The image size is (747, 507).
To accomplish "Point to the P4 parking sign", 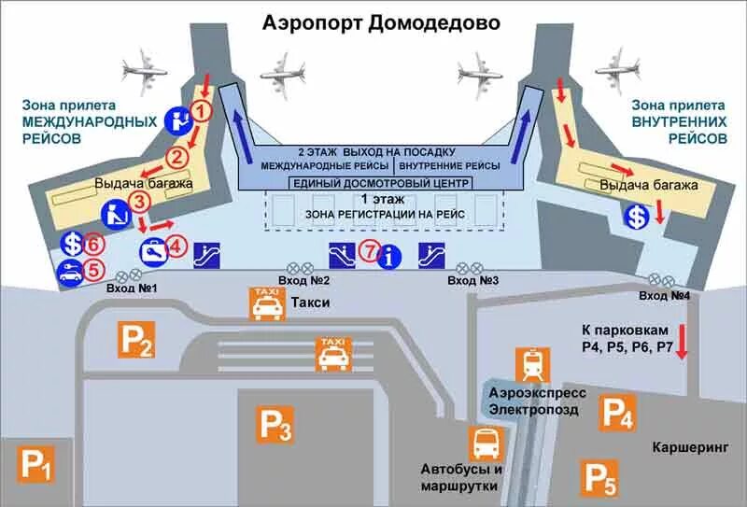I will [617, 412].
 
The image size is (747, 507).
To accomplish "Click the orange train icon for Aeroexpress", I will [532, 364].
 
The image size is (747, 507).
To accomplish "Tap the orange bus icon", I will [486, 444].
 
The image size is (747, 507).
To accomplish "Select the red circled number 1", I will [202, 112].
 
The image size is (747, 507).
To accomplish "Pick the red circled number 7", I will [371, 251].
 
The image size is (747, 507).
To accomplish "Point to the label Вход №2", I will [305, 280].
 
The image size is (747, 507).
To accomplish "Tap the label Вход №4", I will [664, 295].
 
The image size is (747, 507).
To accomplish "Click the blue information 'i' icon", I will [392, 254].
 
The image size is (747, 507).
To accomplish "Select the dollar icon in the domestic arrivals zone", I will [638, 216].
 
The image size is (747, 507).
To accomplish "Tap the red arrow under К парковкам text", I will [681, 342].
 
